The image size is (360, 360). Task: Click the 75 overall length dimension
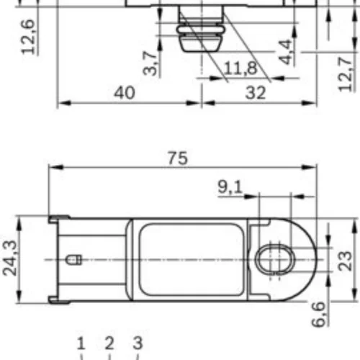coord(178,158)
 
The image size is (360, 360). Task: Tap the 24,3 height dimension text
coord(10,258)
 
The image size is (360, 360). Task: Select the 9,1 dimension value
coord(230,186)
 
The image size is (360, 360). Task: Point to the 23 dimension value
coord(345,261)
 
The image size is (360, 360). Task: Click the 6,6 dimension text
coord(319,315)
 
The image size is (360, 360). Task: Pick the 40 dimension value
coord(125,93)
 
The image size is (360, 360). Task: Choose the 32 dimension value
coord(256,93)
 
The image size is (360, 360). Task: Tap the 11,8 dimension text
coord(240,68)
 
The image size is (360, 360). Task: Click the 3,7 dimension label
coord(150,63)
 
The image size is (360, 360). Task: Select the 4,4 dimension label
coord(286,53)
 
